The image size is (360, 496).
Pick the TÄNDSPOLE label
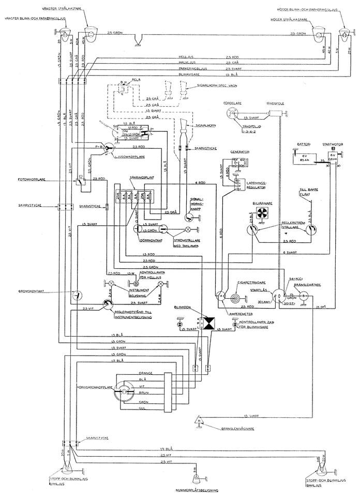[274, 103]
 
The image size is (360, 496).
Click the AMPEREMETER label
[229, 313]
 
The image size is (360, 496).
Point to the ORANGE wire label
[145, 373]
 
